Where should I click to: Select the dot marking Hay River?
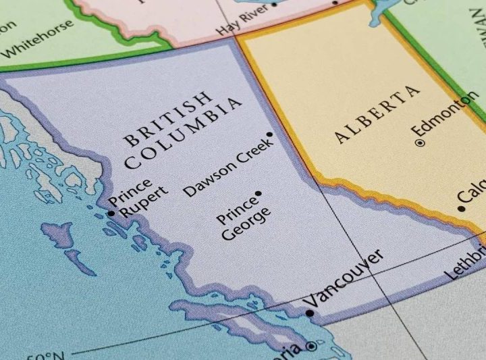(273, 4)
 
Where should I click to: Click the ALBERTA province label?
(377, 114)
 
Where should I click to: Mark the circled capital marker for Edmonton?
(420, 143)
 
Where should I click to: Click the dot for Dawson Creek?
(270, 135)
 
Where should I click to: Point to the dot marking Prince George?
(259, 194)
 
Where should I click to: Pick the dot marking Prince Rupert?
(111, 213)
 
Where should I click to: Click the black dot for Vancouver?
(310, 313)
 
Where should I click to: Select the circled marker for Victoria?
(310, 346)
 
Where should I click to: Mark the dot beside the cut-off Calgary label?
(461, 209)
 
